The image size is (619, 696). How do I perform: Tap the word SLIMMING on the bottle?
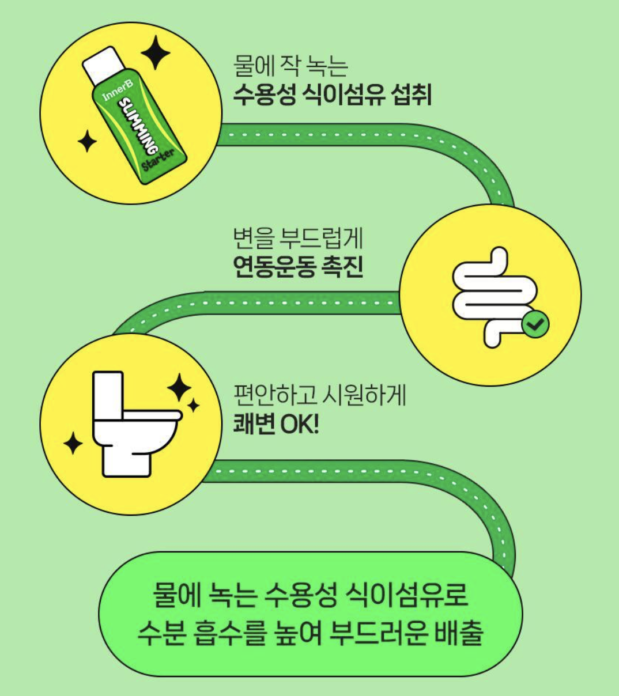[137, 126]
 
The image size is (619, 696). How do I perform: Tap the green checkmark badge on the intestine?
[535, 324]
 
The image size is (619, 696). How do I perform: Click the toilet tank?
[108, 396]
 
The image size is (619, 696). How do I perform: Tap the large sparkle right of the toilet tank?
[179, 387]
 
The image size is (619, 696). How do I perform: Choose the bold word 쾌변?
[253, 425]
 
